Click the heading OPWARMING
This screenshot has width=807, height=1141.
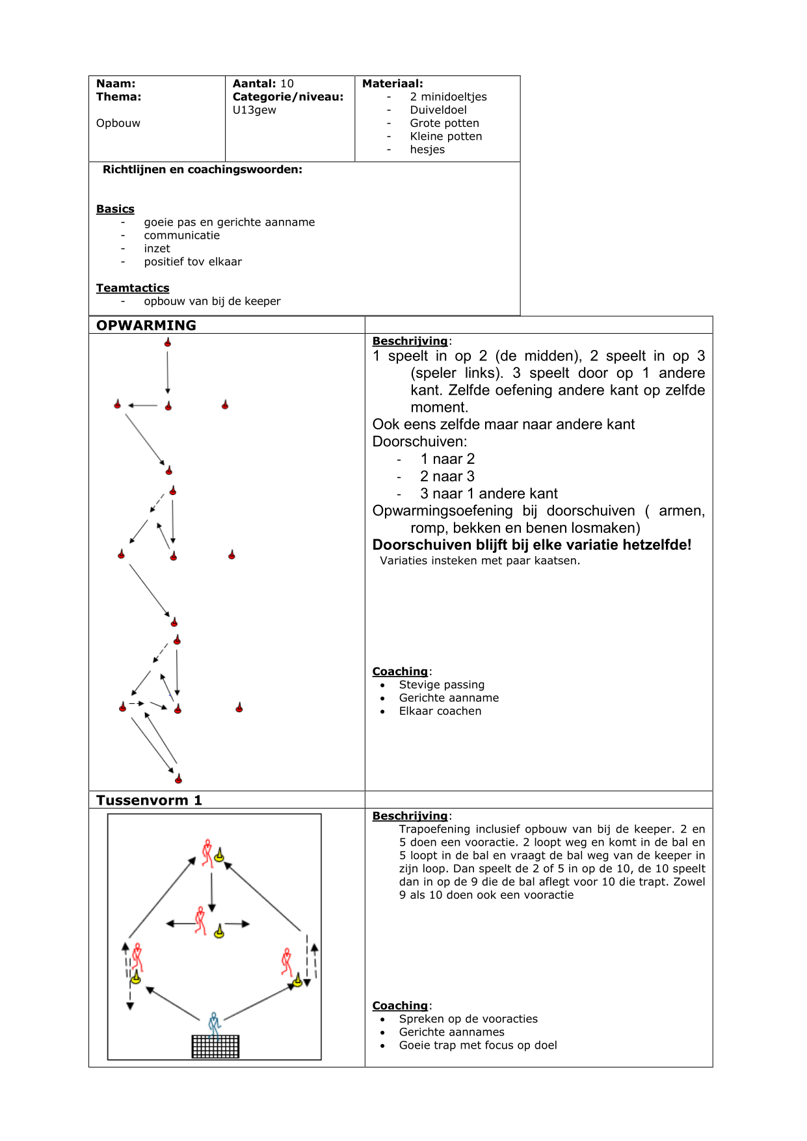[x=146, y=325]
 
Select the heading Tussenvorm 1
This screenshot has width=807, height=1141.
[x=149, y=800]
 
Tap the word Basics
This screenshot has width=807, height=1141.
[x=115, y=209]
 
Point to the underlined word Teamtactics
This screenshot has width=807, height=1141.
[x=133, y=288]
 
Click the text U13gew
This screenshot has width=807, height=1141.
[x=254, y=110]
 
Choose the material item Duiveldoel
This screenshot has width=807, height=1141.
[x=438, y=110]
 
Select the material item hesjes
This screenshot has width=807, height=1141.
[x=427, y=150]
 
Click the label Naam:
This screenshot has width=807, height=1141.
[x=116, y=83]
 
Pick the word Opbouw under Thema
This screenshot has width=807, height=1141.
[x=118, y=123]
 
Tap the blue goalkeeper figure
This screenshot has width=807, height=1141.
[x=214, y=1023]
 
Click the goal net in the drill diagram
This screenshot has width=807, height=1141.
[x=215, y=1046]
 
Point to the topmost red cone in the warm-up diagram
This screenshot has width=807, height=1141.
[x=168, y=343]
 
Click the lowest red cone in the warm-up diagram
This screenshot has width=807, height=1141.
[x=178, y=779]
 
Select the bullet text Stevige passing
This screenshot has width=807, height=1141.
[x=442, y=684]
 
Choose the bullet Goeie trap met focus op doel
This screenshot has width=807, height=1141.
[x=478, y=1045]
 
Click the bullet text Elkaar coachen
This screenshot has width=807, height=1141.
[x=440, y=711]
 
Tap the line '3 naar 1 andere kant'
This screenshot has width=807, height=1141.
[x=488, y=493]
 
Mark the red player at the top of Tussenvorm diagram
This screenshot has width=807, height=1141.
[x=207, y=852]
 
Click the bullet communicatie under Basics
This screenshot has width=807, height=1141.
[x=182, y=235]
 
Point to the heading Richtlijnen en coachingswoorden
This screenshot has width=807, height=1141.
[x=202, y=170]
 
